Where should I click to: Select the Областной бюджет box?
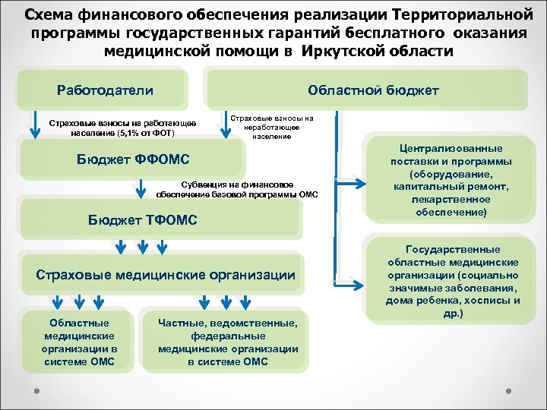pos(372,90)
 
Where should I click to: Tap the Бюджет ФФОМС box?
pos(132,159)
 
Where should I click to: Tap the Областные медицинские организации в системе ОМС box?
pos(79,342)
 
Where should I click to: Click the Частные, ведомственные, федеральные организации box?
pos(228,342)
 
